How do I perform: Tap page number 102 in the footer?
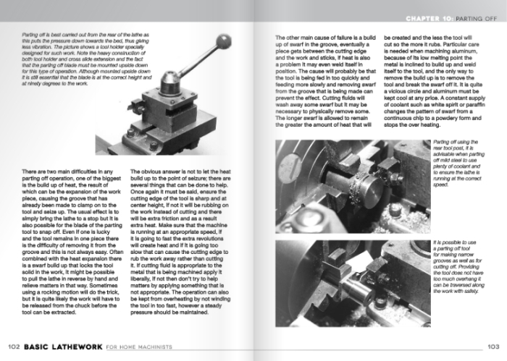13,347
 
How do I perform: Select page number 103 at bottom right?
494,347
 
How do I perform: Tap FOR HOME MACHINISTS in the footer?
136,347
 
